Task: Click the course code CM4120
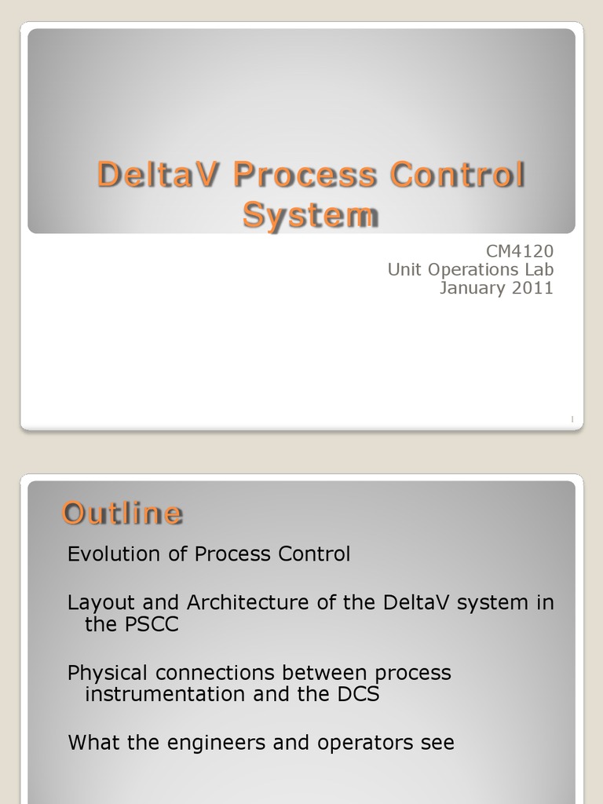pyautogui.click(x=520, y=251)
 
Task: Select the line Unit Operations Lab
pyautogui.click(x=470, y=269)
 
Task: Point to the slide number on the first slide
pyautogui.click(x=572, y=421)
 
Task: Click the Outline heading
pyautogui.click(x=122, y=513)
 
